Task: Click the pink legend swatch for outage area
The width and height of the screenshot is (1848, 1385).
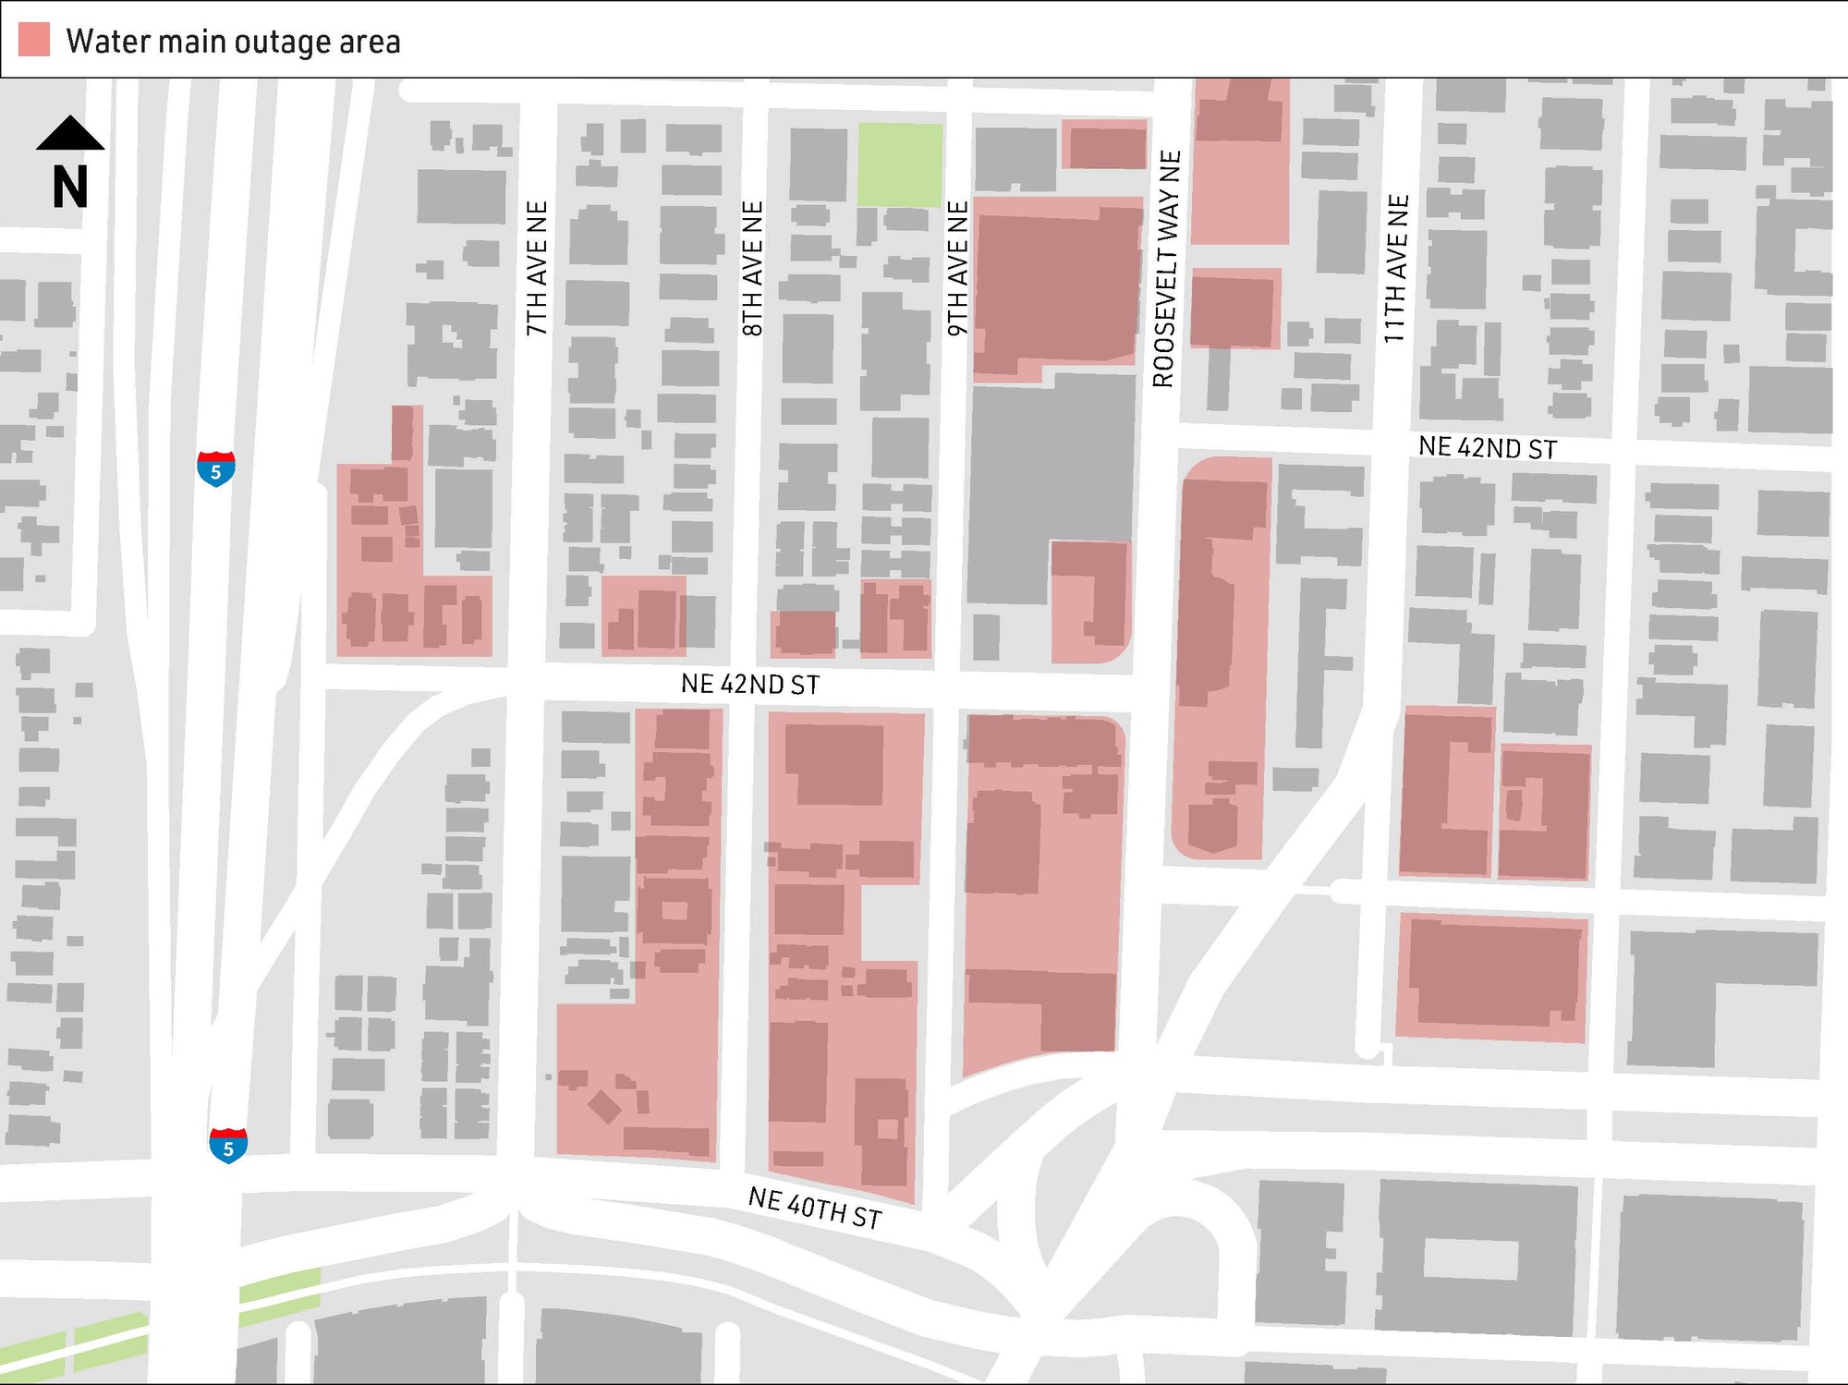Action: (x=34, y=41)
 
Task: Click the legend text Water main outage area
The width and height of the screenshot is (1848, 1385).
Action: (x=233, y=42)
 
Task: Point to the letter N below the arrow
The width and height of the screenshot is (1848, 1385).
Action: (x=70, y=188)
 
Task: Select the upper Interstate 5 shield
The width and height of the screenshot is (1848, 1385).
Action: (x=215, y=469)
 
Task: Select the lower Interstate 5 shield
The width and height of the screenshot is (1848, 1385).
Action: (x=228, y=1146)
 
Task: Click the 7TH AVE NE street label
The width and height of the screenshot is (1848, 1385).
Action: (x=537, y=268)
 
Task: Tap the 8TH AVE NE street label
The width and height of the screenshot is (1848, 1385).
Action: (x=753, y=268)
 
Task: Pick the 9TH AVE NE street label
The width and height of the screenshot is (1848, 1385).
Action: (x=958, y=268)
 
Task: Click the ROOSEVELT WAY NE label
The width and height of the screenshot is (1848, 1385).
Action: (x=1166, y=268)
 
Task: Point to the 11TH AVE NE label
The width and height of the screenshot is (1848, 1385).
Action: (x=1396, y=268)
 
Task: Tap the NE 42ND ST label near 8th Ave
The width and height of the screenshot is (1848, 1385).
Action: (x=749, y=685)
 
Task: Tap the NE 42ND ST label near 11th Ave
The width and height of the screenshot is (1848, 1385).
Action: (x=1488, y=448)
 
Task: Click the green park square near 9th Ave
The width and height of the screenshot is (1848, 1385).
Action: (x=900, y=164)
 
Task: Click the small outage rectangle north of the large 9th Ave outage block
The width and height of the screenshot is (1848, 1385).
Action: (x=1105, y=145)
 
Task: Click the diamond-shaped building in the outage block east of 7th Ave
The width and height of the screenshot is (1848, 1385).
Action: (x=605, y=1106)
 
